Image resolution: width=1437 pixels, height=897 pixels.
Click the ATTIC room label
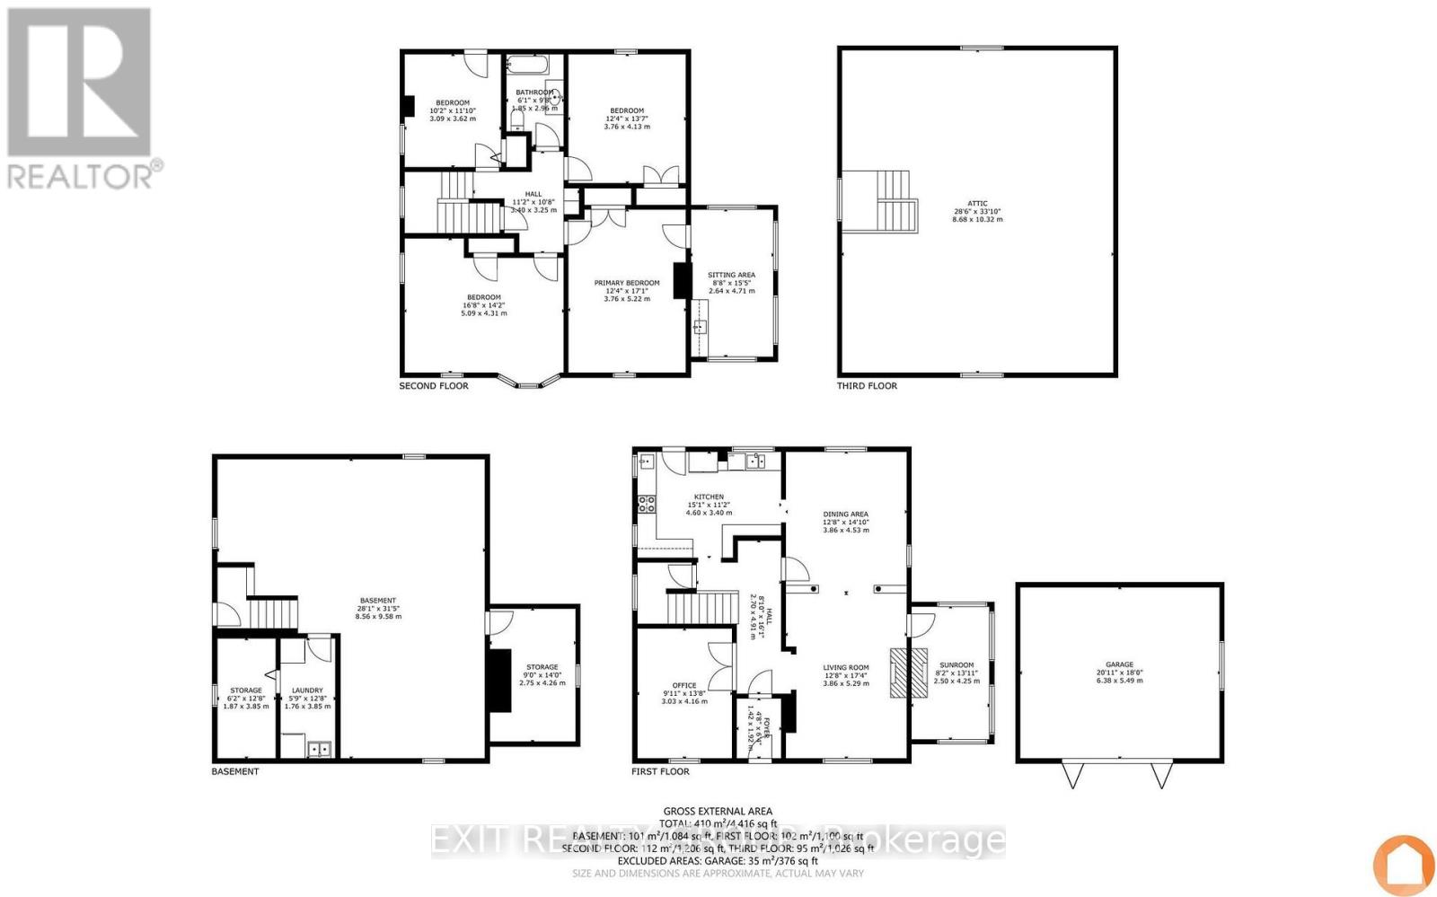tap(977, 204)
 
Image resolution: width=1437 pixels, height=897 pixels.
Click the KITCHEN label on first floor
tap(708, 497)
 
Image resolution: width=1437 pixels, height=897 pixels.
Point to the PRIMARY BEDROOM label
tap(626, 283)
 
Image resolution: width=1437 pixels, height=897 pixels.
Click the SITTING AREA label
tap(731, 275)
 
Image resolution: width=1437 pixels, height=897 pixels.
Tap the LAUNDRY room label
tap(307, 690)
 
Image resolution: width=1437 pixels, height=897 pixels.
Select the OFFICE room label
tap(684, 685)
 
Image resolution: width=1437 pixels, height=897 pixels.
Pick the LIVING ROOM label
tap(845, 667)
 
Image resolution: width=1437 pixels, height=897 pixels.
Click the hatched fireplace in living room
tap(899, 672)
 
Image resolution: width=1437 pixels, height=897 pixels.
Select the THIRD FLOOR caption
tap(867, 386)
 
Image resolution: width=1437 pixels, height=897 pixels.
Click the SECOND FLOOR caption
tap(434, 386)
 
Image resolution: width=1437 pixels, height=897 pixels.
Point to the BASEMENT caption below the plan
tap(235, 771)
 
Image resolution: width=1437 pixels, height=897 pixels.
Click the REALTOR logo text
tap(81, 175)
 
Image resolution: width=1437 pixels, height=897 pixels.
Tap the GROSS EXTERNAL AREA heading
tap(717, 811)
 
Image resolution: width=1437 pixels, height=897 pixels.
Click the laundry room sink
tap(318, 748)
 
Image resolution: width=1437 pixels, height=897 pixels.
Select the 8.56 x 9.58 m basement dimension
tap(378, 616)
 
